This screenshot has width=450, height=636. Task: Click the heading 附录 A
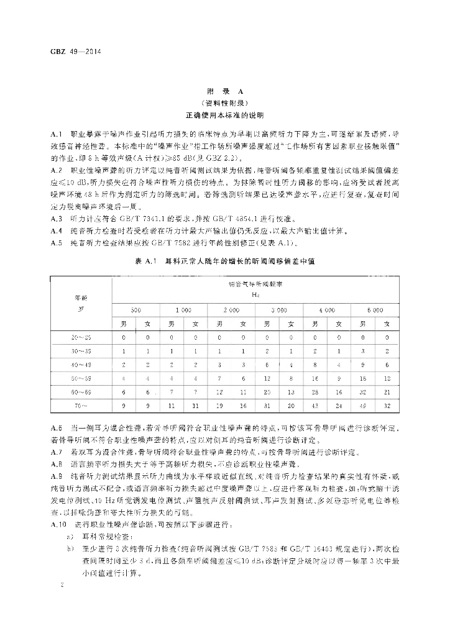[x=224, y=93]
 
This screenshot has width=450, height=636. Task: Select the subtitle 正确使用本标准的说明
[x=224, y=116]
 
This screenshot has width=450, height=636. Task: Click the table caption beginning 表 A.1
[x=224, y=263]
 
